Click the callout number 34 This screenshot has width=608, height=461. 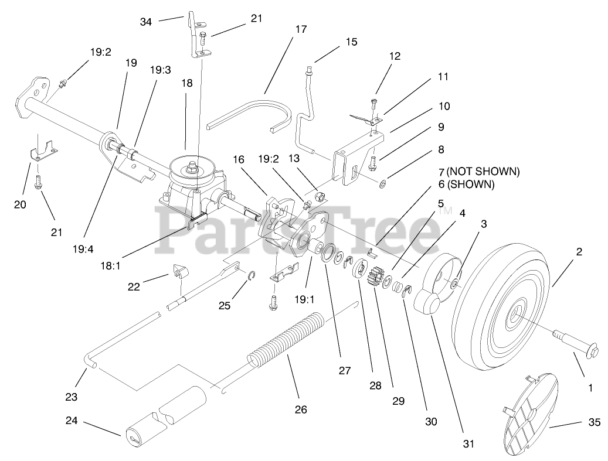(x=147, y=22)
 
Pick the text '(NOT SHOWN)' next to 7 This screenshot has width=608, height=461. (x=483, y=172)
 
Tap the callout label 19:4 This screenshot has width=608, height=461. (x=83, y=249)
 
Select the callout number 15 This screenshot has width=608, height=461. (x=351, y=42)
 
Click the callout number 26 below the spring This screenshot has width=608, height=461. (x=301, y=409)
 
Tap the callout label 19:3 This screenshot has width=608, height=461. (x=160, y=70)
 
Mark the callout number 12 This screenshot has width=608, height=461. (x=395, y=56)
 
